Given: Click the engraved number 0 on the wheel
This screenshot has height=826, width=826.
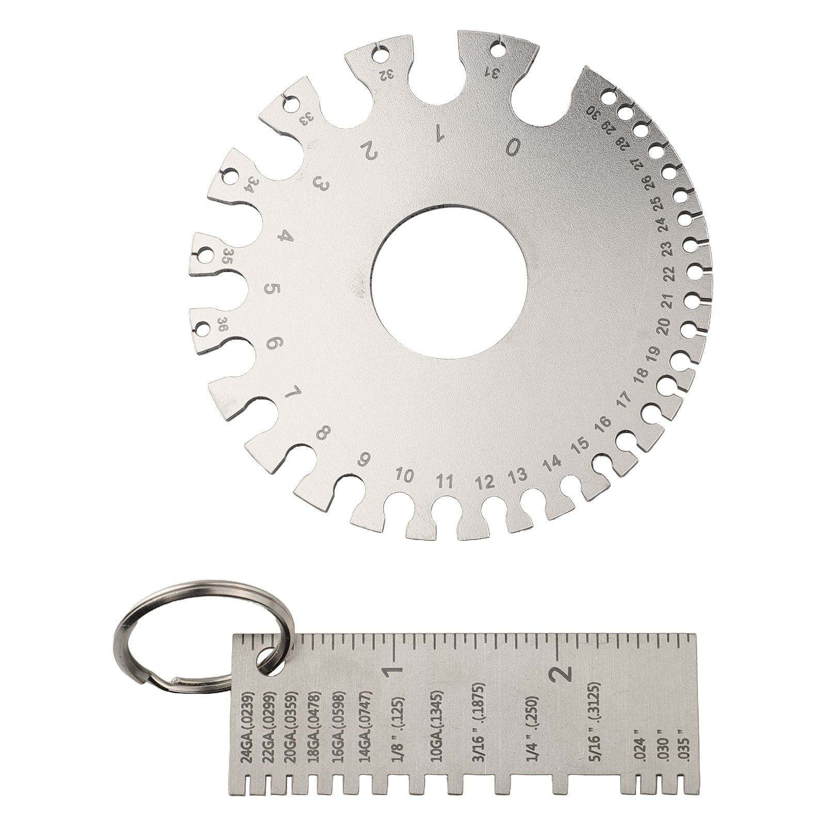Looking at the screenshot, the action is [x=513, y=147].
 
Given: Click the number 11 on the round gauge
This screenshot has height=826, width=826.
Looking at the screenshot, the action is [x=444, y=483].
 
